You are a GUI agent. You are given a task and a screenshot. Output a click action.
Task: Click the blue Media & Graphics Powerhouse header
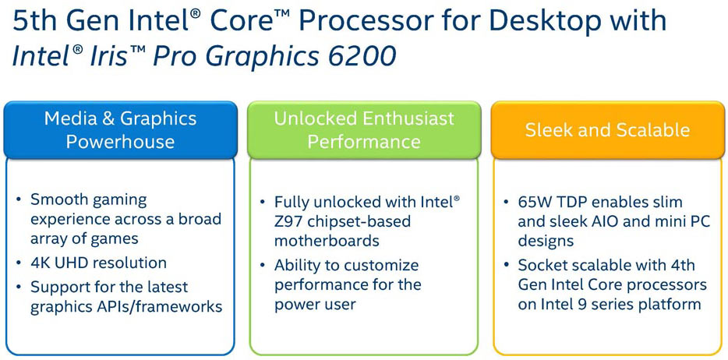pos(120,130)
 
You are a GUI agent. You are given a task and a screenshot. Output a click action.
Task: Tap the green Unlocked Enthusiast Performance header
pos(364,130)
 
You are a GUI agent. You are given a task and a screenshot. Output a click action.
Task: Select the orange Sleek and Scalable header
pos(608,130)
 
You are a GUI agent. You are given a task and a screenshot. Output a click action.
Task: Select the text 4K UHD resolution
pos(98,263)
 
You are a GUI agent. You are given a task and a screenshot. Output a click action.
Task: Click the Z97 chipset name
pos(288,221)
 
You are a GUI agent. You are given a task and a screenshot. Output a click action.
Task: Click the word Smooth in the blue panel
pos(59,200)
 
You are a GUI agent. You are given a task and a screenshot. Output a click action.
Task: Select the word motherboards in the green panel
pos(327,241)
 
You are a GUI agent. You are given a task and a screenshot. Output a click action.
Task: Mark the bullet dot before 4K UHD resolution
pos(19,263)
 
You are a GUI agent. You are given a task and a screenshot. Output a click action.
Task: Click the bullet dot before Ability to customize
pos(263,266)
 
